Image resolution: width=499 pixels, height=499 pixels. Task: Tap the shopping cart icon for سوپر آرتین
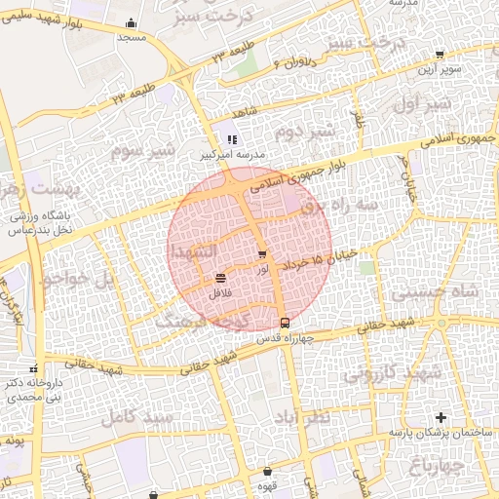[440, 55]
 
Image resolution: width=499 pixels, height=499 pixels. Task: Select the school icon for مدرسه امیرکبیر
[232, 140]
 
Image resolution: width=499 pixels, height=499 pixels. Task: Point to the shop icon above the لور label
[262, 253]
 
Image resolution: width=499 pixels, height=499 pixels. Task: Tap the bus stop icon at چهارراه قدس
[285, 323]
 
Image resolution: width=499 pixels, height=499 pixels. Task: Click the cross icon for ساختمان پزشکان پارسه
[447, 417]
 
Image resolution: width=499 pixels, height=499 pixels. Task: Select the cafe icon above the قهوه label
[266, 472]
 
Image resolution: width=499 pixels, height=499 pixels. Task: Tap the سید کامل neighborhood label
[136, 417]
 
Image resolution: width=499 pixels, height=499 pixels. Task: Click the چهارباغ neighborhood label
[458, 467]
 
